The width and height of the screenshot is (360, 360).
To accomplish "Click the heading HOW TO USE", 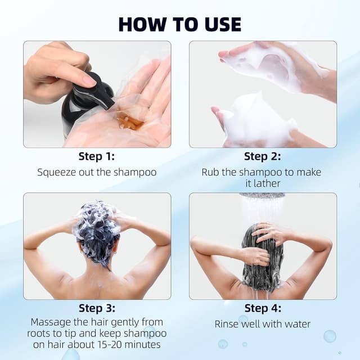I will (180, 24).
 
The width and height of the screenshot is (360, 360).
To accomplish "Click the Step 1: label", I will (97, 157).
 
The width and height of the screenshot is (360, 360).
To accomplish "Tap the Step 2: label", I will (263, 157).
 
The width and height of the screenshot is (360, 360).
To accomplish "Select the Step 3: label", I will (97, 308).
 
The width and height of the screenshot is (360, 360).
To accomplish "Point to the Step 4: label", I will (263, 308).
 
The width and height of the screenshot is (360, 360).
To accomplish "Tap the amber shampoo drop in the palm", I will (130, 121).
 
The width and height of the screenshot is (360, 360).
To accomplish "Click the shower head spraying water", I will (262, 196).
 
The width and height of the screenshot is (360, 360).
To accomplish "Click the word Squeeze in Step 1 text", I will (56, 173).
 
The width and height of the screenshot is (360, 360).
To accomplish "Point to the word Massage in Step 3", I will (51, 323).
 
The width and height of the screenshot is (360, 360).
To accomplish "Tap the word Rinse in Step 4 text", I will (227, 324).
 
